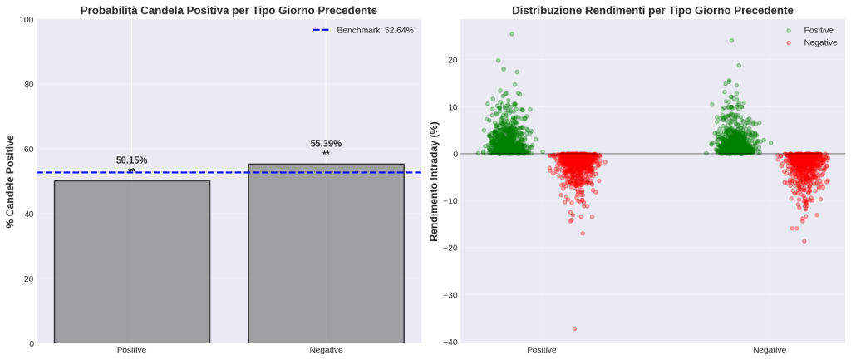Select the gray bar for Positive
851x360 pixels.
pos(131,261)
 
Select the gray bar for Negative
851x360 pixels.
pos(326,253)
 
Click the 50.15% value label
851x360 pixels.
pos(131,160)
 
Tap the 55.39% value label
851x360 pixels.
pos(326,144)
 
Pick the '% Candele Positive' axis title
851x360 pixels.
pos(11,181)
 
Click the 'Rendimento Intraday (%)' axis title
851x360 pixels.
pos(434,181)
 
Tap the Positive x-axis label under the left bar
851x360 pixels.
pos(131,351)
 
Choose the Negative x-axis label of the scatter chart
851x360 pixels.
pos(769,351)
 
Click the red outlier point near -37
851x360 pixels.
pos(574,329)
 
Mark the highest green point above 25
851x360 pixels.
pos(512,34)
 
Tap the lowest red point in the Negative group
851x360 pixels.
pos(804,241)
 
